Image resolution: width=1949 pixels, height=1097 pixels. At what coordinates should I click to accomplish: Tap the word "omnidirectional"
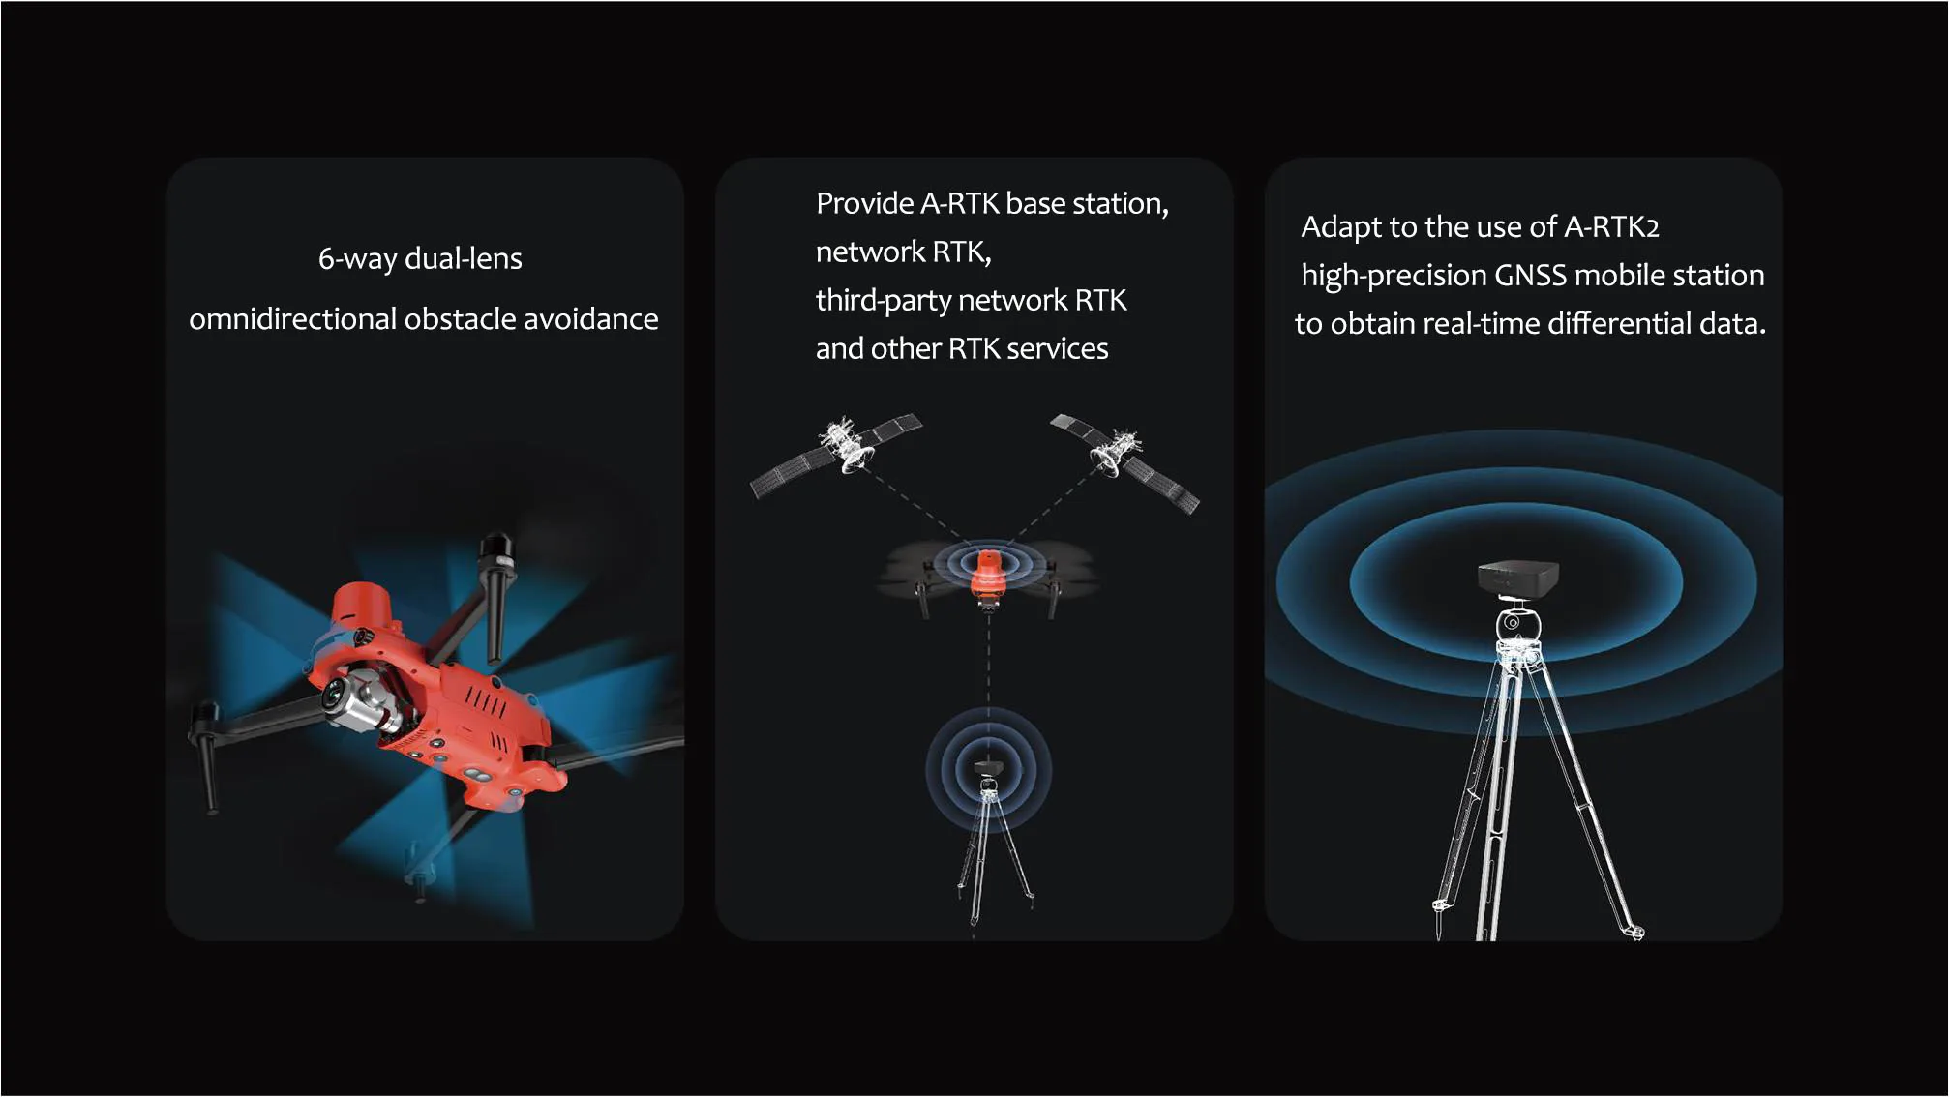[x=291, y=319]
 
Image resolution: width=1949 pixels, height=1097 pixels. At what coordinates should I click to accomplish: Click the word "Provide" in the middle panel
[x=863, y=204]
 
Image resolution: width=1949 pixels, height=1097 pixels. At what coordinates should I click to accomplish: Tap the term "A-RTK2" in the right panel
[x=1611, y=227]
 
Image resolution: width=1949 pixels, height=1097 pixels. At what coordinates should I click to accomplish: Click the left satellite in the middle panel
[x=838, y=452]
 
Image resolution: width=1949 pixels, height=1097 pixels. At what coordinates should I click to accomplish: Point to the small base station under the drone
[x=987, y=770]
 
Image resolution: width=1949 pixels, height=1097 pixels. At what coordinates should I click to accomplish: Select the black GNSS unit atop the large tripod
[x=1516, y=577]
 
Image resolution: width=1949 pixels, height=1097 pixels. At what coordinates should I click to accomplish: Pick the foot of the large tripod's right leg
[x=1634, y=933]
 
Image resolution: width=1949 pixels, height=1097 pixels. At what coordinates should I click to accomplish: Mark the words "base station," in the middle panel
[x=1087, y=204]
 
